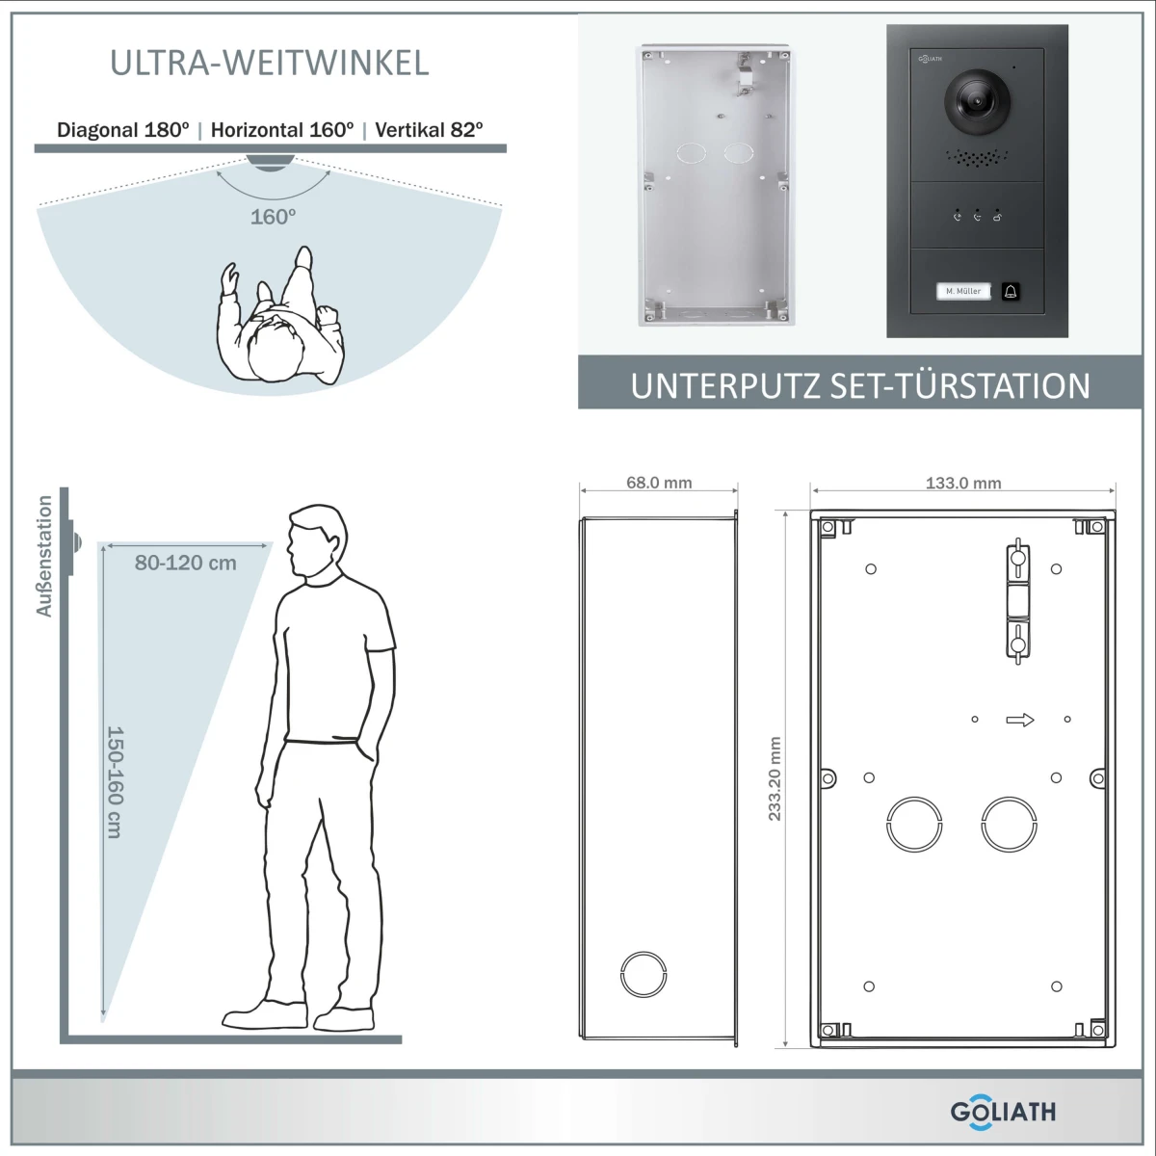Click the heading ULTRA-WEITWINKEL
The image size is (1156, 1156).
coord(269,63)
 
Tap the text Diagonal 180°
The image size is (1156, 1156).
coord(123,130)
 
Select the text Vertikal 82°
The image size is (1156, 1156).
coord(429,130)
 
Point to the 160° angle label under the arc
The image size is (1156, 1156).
coord(273,217)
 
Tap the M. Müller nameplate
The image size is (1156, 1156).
coord(962,291)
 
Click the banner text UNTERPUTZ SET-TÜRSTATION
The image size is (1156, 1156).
coord(860,385)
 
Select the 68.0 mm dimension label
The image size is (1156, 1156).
coord(659,483)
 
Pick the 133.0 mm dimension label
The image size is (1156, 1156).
coord(963,483)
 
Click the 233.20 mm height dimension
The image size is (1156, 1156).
coord(775,779)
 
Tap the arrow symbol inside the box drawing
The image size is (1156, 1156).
coord(1020,720)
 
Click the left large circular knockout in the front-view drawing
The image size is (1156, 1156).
coord(914,824)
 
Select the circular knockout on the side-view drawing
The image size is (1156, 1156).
coord(642,974)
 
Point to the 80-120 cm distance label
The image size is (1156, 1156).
coord(185,563)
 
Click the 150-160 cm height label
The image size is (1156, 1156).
coord(114,782)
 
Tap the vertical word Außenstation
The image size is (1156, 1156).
coord(44,556)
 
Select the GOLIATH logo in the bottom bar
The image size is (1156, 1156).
coord(1002,1111)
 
